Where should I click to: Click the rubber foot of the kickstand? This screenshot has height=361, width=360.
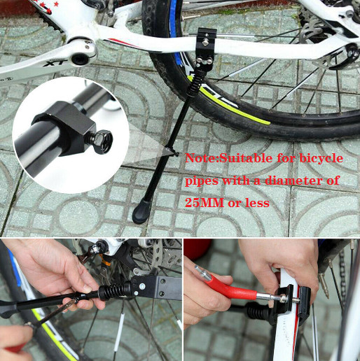pos(142,211)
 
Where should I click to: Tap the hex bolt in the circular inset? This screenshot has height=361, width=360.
pos(102,141)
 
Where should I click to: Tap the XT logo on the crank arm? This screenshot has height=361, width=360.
pos(55,63)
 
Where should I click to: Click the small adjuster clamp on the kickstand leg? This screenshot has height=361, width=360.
pos(172,151)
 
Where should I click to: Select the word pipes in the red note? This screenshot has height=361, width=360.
pos(201,181)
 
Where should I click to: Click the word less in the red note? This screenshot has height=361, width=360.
pos(257,203)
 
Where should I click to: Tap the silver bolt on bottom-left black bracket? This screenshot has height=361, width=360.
pos(142,285)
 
